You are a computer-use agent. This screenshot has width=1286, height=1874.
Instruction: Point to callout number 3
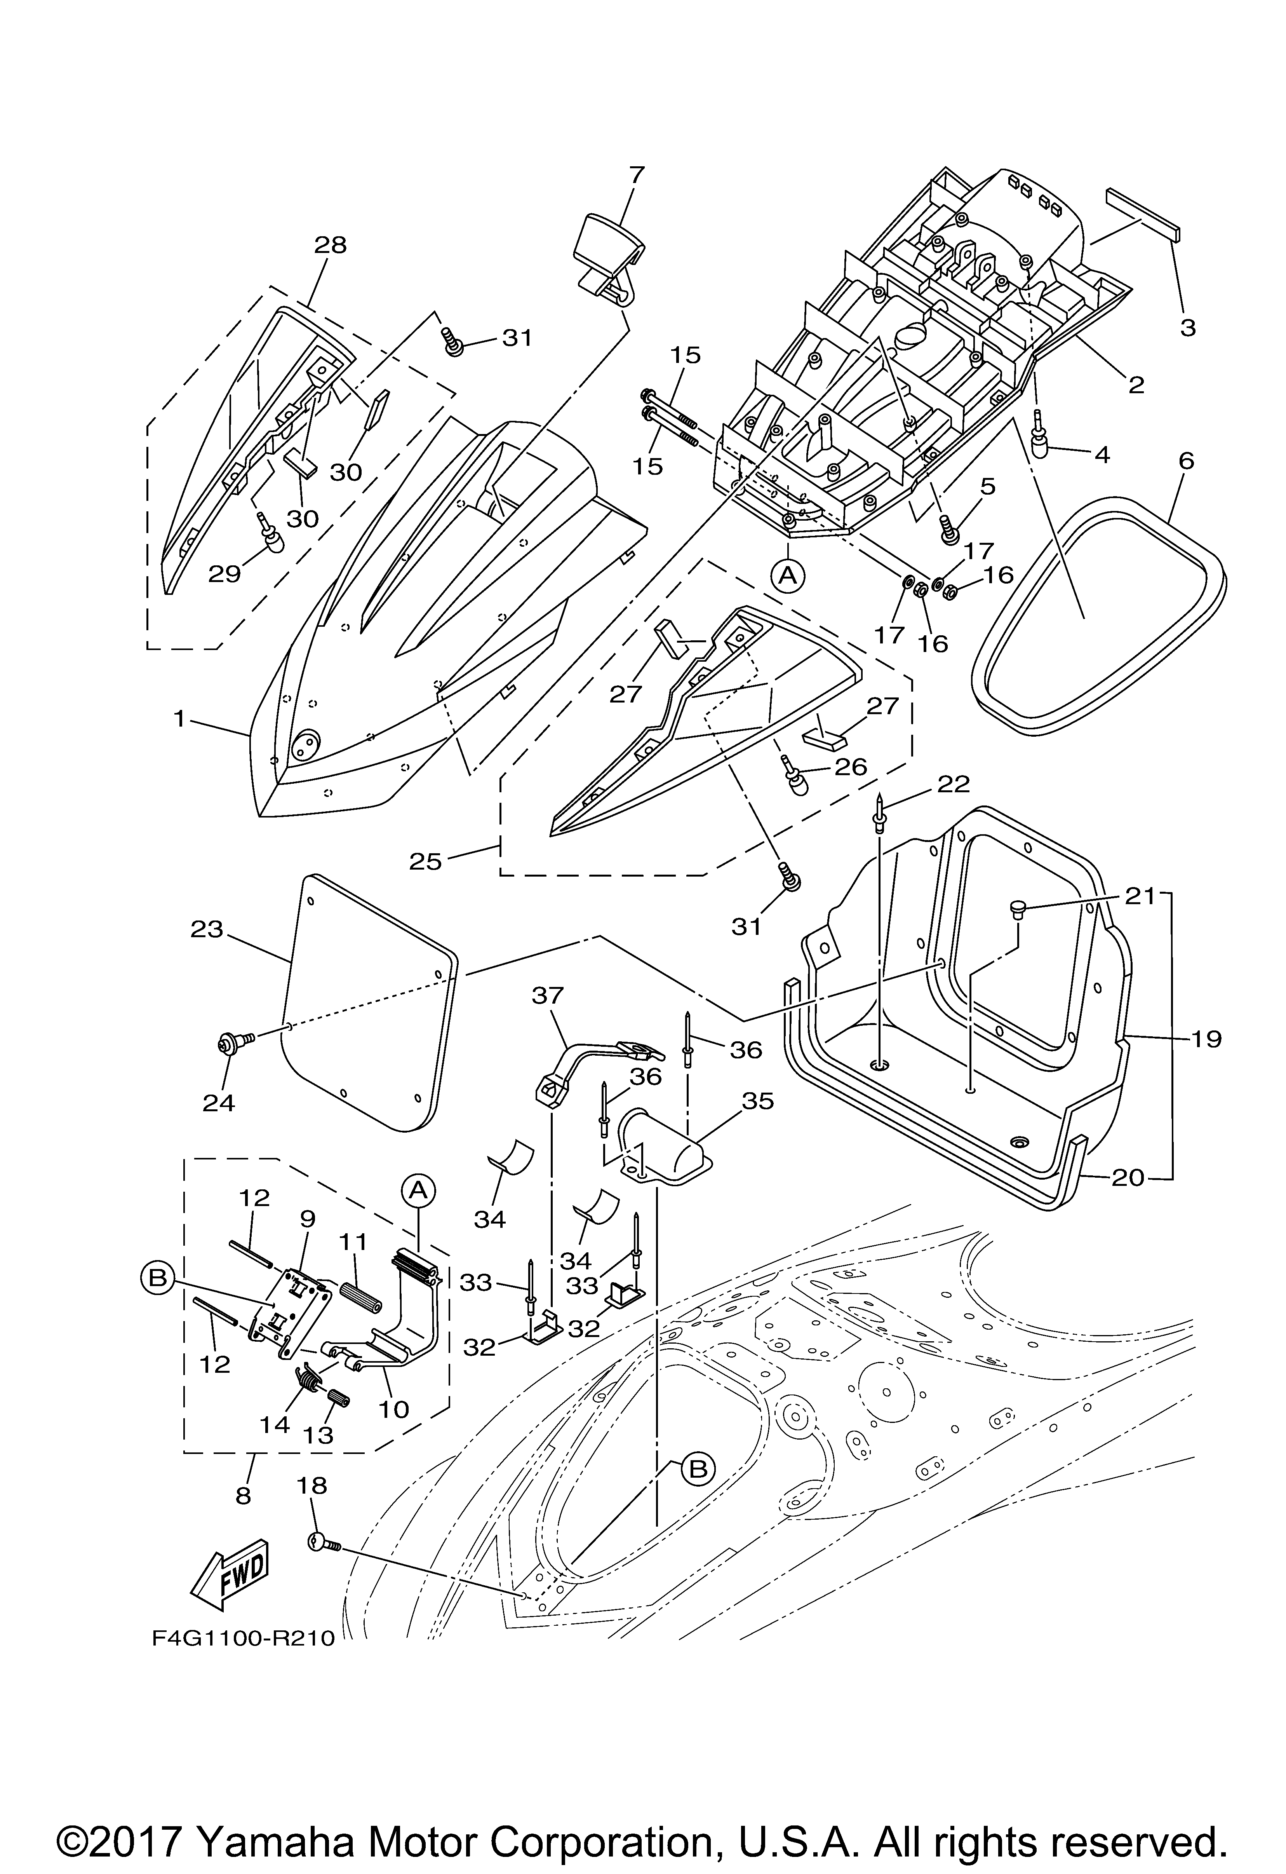pyautogui.click(x=1187, y=328)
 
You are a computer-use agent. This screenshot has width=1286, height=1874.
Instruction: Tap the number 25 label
pyautogui.click(x=425, y=862)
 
